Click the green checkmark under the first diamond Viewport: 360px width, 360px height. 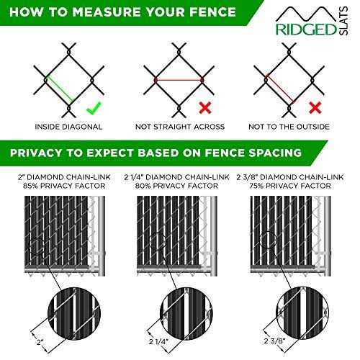click(91, 109)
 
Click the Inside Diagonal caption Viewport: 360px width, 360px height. click(68, 127)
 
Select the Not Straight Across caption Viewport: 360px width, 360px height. click(179, 127)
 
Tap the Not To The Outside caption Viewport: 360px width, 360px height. click(289, 127)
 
